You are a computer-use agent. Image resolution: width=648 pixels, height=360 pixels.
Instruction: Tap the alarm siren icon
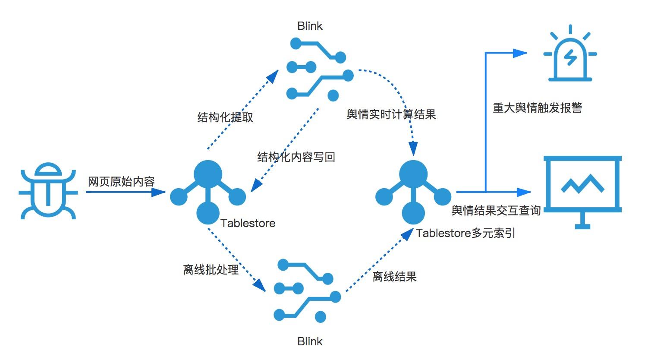570,55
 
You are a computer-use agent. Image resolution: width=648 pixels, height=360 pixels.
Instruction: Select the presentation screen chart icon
582,190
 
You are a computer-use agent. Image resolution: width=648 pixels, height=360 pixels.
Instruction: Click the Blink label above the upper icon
310,26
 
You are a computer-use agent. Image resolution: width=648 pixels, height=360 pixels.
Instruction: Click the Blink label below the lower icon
310,341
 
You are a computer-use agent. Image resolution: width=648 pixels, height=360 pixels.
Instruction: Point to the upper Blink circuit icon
319,69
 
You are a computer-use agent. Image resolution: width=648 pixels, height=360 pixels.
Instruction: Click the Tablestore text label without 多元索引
248,223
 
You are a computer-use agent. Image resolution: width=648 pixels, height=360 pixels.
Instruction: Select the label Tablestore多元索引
466,234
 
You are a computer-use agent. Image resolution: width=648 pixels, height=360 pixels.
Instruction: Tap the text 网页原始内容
121,181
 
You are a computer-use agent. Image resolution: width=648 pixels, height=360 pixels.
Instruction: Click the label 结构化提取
225,117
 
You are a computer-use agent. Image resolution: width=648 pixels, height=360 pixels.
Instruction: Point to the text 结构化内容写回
296,157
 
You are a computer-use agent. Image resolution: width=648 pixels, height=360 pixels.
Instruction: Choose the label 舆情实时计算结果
391,114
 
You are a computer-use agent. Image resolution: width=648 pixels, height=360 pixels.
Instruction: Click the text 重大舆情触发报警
538,108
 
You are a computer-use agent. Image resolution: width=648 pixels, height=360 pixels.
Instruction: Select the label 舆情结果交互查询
496,211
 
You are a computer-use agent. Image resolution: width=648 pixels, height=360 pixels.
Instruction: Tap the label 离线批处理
211,270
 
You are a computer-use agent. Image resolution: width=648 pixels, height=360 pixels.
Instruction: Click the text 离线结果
394,277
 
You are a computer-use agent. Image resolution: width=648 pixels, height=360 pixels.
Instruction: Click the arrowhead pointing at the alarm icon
520,53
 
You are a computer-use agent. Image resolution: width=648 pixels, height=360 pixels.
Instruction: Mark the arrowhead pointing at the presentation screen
523,192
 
